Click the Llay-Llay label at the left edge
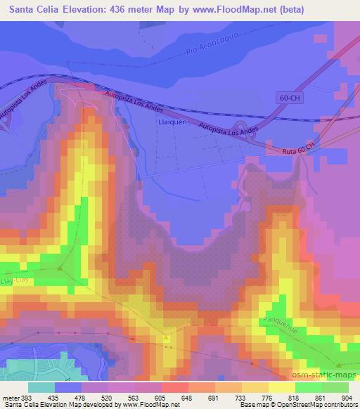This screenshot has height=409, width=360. [x=8, y=280]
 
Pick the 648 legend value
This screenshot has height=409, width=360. [x=167, y=397]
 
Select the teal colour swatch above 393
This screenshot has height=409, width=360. [x=41, y=387]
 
